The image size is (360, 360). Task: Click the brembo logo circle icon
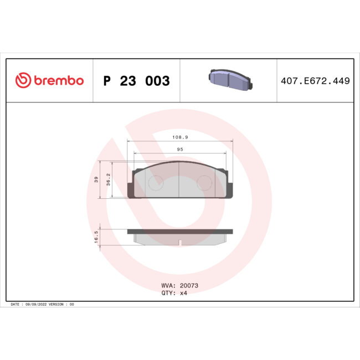point(22,81)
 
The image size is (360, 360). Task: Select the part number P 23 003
point(137,81)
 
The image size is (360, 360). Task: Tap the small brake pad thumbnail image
point(230,81)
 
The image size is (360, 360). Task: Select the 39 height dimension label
point(96,179)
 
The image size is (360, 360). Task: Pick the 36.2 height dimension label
point(109,179)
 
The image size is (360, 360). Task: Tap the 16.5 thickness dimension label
point(96,236)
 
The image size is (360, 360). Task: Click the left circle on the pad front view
point(156,182)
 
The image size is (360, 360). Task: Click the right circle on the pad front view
point(205,182)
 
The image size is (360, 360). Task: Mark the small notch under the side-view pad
point(181,242)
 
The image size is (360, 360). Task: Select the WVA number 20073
point(189,286)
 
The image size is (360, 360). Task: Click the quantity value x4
point(184,293)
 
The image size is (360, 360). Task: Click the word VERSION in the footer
point(56,305)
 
